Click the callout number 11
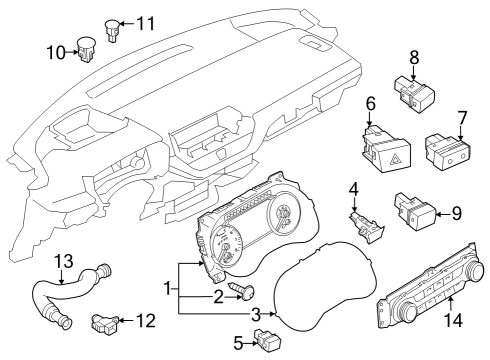[x=146, y=22]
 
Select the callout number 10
[x=55, y=51]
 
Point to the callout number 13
[x=63, y=262]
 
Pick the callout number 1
[x=169, y=289]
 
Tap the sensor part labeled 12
[x=103, y=323]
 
